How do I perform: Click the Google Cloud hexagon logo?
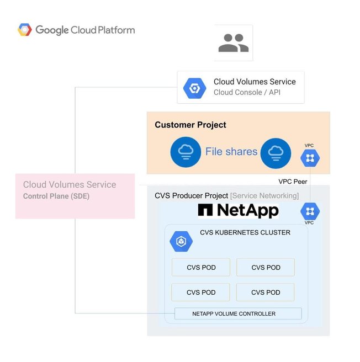click(x=24, y=30)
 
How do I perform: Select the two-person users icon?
click(x=234, y=42)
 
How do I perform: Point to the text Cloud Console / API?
click(x=247, y=92)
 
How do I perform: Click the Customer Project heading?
click(x=190, y=125)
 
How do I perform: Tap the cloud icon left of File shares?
click(x=185, y=152)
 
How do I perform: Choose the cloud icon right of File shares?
click(x=276, y=152)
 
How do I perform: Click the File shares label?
click(x=231, y=151)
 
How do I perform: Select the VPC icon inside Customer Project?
click(x=310, y=158)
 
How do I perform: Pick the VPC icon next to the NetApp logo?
click(x=310, y=211)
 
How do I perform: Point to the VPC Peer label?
click(x=293, y=181)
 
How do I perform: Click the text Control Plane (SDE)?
click(x=56, y=196)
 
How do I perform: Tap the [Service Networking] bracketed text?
click(x=264, y=195)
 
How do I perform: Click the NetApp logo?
click(x=239, y=210)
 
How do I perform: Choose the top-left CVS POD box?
click(x=200, y=268)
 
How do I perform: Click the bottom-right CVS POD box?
click(x=266, y=292)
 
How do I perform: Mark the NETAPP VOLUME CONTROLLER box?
click(x=238, y=313)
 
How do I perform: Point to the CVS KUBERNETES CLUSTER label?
click(x=245, y=232)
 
